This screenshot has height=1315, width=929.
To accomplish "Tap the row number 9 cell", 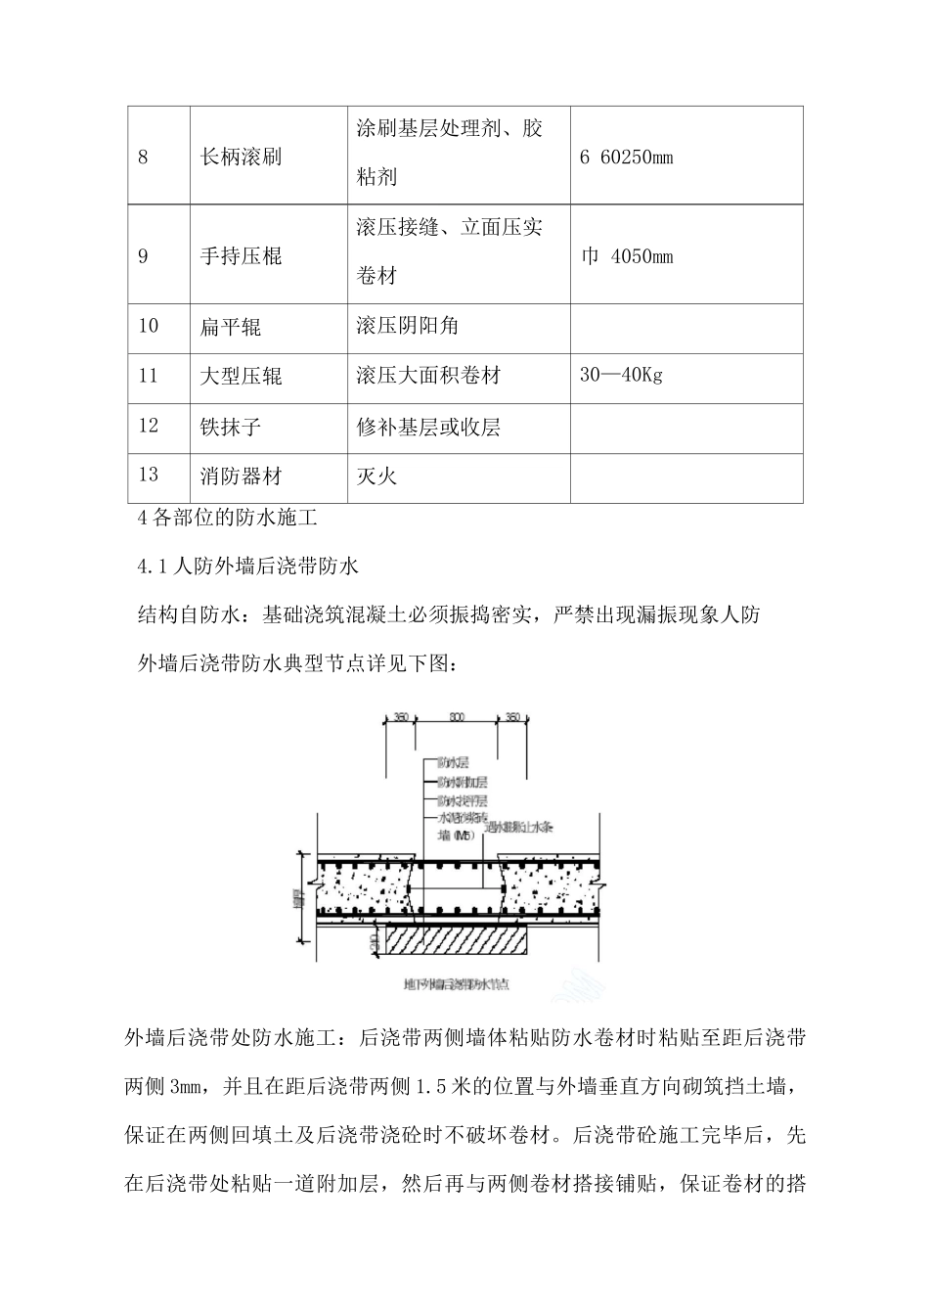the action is pos(144,257).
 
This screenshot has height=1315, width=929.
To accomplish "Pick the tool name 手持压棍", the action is pos(241,257).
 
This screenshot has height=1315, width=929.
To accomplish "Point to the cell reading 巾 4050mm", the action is pos(627,257).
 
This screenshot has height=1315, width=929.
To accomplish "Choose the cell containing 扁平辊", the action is pos(231,326).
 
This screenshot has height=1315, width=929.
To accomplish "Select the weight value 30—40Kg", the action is pos(621,376).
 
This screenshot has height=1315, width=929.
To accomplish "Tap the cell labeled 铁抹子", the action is pos(231,427).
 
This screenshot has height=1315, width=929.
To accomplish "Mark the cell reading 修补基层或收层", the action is pos(429,427).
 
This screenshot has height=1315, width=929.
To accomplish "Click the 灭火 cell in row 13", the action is pos(377,476).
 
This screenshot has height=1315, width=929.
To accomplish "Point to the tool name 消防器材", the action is pos(241,476).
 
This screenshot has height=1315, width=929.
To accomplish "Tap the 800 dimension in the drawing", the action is pos(457,718).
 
